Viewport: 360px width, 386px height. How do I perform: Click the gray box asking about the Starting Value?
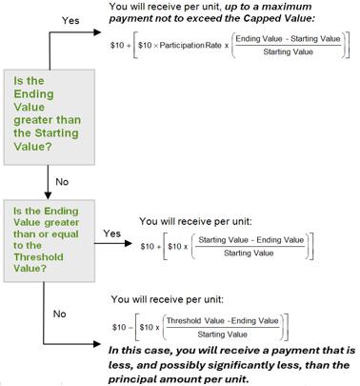point(50,117)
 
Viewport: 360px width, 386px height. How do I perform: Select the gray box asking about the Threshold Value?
point(50,241)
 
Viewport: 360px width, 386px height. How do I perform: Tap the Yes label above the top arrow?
point(70,20)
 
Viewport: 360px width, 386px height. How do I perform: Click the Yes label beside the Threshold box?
point(112,234)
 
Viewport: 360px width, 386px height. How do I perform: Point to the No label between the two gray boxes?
point(62,182)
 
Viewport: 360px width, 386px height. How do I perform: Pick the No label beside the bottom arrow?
point(60,314)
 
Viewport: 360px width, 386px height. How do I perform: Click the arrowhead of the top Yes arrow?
point(97,31)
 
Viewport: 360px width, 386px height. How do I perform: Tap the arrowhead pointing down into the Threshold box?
point(48,195)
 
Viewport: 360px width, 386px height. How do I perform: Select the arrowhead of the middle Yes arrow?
point(128,244)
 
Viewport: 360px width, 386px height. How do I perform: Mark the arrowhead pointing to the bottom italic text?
point(97,344)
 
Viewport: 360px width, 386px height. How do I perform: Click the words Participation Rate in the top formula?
point(190,45)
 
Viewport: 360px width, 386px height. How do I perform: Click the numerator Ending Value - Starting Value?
point(288,39)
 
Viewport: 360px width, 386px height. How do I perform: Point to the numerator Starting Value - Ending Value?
point(251,240)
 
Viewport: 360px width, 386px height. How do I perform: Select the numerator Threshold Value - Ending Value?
point(223,321)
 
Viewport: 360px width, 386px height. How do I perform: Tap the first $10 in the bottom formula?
point(119,327)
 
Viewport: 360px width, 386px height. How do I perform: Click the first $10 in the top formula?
point(117,45)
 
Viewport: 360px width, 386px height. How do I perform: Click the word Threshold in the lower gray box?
point(38,256)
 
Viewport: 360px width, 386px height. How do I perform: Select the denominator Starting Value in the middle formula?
point(249,254)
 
